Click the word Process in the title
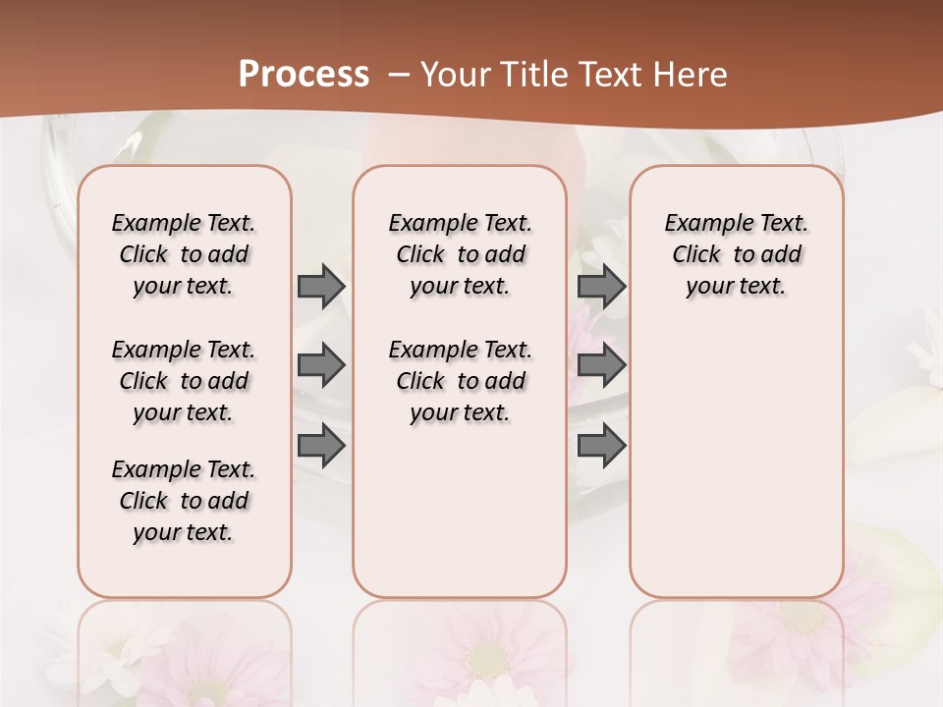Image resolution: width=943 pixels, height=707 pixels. [304, 75]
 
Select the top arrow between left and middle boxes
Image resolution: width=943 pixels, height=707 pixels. [321, 287]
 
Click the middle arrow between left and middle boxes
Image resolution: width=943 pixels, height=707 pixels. [321, 366]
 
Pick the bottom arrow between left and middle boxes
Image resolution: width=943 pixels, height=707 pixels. [321, 446]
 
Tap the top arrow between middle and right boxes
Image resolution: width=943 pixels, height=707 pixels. [601, 287]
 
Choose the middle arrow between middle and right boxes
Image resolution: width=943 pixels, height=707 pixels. [601, 366]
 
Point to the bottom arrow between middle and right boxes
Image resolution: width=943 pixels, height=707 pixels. [601, 446]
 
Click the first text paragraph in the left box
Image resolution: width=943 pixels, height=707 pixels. [184, 254]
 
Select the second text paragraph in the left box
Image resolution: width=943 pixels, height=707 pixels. [184, 381]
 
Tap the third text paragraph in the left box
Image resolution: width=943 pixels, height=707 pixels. [184, 501]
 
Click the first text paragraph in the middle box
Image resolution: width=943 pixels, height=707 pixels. [460, 254]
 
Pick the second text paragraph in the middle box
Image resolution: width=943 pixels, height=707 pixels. [460, 381]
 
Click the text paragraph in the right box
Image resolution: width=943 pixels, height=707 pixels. [737, 254]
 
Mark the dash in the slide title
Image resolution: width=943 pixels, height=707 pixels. [400, 75]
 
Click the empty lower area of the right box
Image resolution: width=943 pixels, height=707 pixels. [737, 462]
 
